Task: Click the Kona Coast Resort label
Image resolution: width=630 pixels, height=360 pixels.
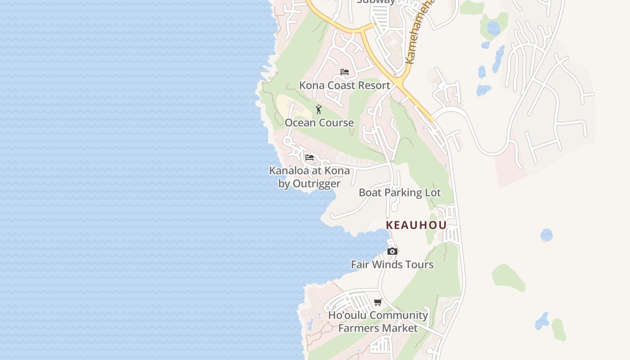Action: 344,85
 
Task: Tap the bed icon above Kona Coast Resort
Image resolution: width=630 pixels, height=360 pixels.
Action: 345,72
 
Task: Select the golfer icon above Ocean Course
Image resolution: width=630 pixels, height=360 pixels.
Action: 319,109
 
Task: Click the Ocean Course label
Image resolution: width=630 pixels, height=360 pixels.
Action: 319,122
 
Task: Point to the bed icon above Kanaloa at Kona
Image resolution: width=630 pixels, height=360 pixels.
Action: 310,157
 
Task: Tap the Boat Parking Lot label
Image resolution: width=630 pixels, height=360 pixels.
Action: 400,193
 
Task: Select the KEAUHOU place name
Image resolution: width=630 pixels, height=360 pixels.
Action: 416,225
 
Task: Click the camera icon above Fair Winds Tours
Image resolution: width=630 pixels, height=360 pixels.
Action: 392,252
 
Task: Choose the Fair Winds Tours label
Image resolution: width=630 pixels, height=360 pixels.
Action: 392,264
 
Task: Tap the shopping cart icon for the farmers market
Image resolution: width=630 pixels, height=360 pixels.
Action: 378,302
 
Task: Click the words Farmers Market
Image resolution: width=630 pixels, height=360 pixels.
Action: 378,328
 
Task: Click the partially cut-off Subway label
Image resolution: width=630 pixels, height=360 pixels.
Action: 376,2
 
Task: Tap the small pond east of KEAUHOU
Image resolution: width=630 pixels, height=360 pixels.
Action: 546,234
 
